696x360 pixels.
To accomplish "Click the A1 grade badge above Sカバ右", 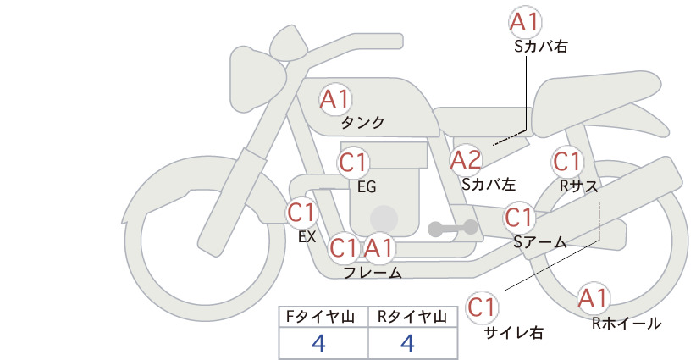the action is (525, 21).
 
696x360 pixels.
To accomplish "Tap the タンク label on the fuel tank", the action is (362, 122).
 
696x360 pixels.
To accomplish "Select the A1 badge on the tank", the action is (335, 99).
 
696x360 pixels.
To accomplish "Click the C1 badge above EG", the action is (353, 163).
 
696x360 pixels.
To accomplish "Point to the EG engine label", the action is (367, 187).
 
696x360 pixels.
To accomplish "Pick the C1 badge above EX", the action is (301, 212).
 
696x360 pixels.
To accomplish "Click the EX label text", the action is (307, 237).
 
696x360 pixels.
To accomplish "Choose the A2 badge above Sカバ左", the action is (466, 160).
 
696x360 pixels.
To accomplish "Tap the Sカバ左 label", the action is (489, 184).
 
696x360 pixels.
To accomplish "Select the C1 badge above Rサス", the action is (567, 162).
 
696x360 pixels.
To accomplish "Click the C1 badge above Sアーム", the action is (518, 217).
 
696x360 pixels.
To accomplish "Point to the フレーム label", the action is (373, 273).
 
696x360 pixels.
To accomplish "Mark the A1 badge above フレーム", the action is (379, 247).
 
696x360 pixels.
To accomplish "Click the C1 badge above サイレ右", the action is (482, 307).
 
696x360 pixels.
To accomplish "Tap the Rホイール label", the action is (627, 324).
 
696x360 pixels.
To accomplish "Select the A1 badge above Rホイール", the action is (593, 298).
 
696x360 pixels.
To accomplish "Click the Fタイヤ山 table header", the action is (320, 317).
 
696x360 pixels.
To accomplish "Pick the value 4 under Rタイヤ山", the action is (407, 343).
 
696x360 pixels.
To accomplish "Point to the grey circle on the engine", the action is (384, 219).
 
